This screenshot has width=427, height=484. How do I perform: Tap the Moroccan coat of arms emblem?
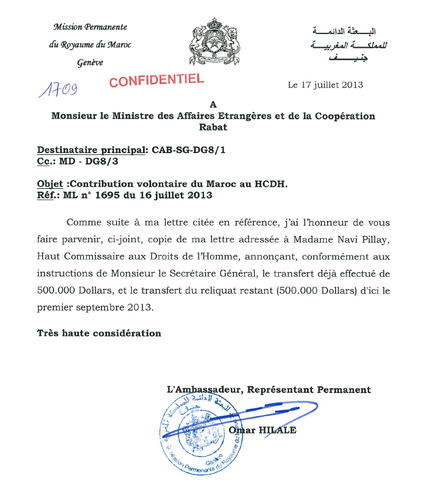(213, 44)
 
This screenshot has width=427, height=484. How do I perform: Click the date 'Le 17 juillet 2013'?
(325, 85)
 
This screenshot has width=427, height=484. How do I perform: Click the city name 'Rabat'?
(213, 127)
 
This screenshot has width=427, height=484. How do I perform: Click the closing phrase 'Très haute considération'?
(99, 333)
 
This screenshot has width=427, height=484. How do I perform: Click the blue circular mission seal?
(195, 435)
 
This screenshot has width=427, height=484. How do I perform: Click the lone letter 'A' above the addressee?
(213, 105)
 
